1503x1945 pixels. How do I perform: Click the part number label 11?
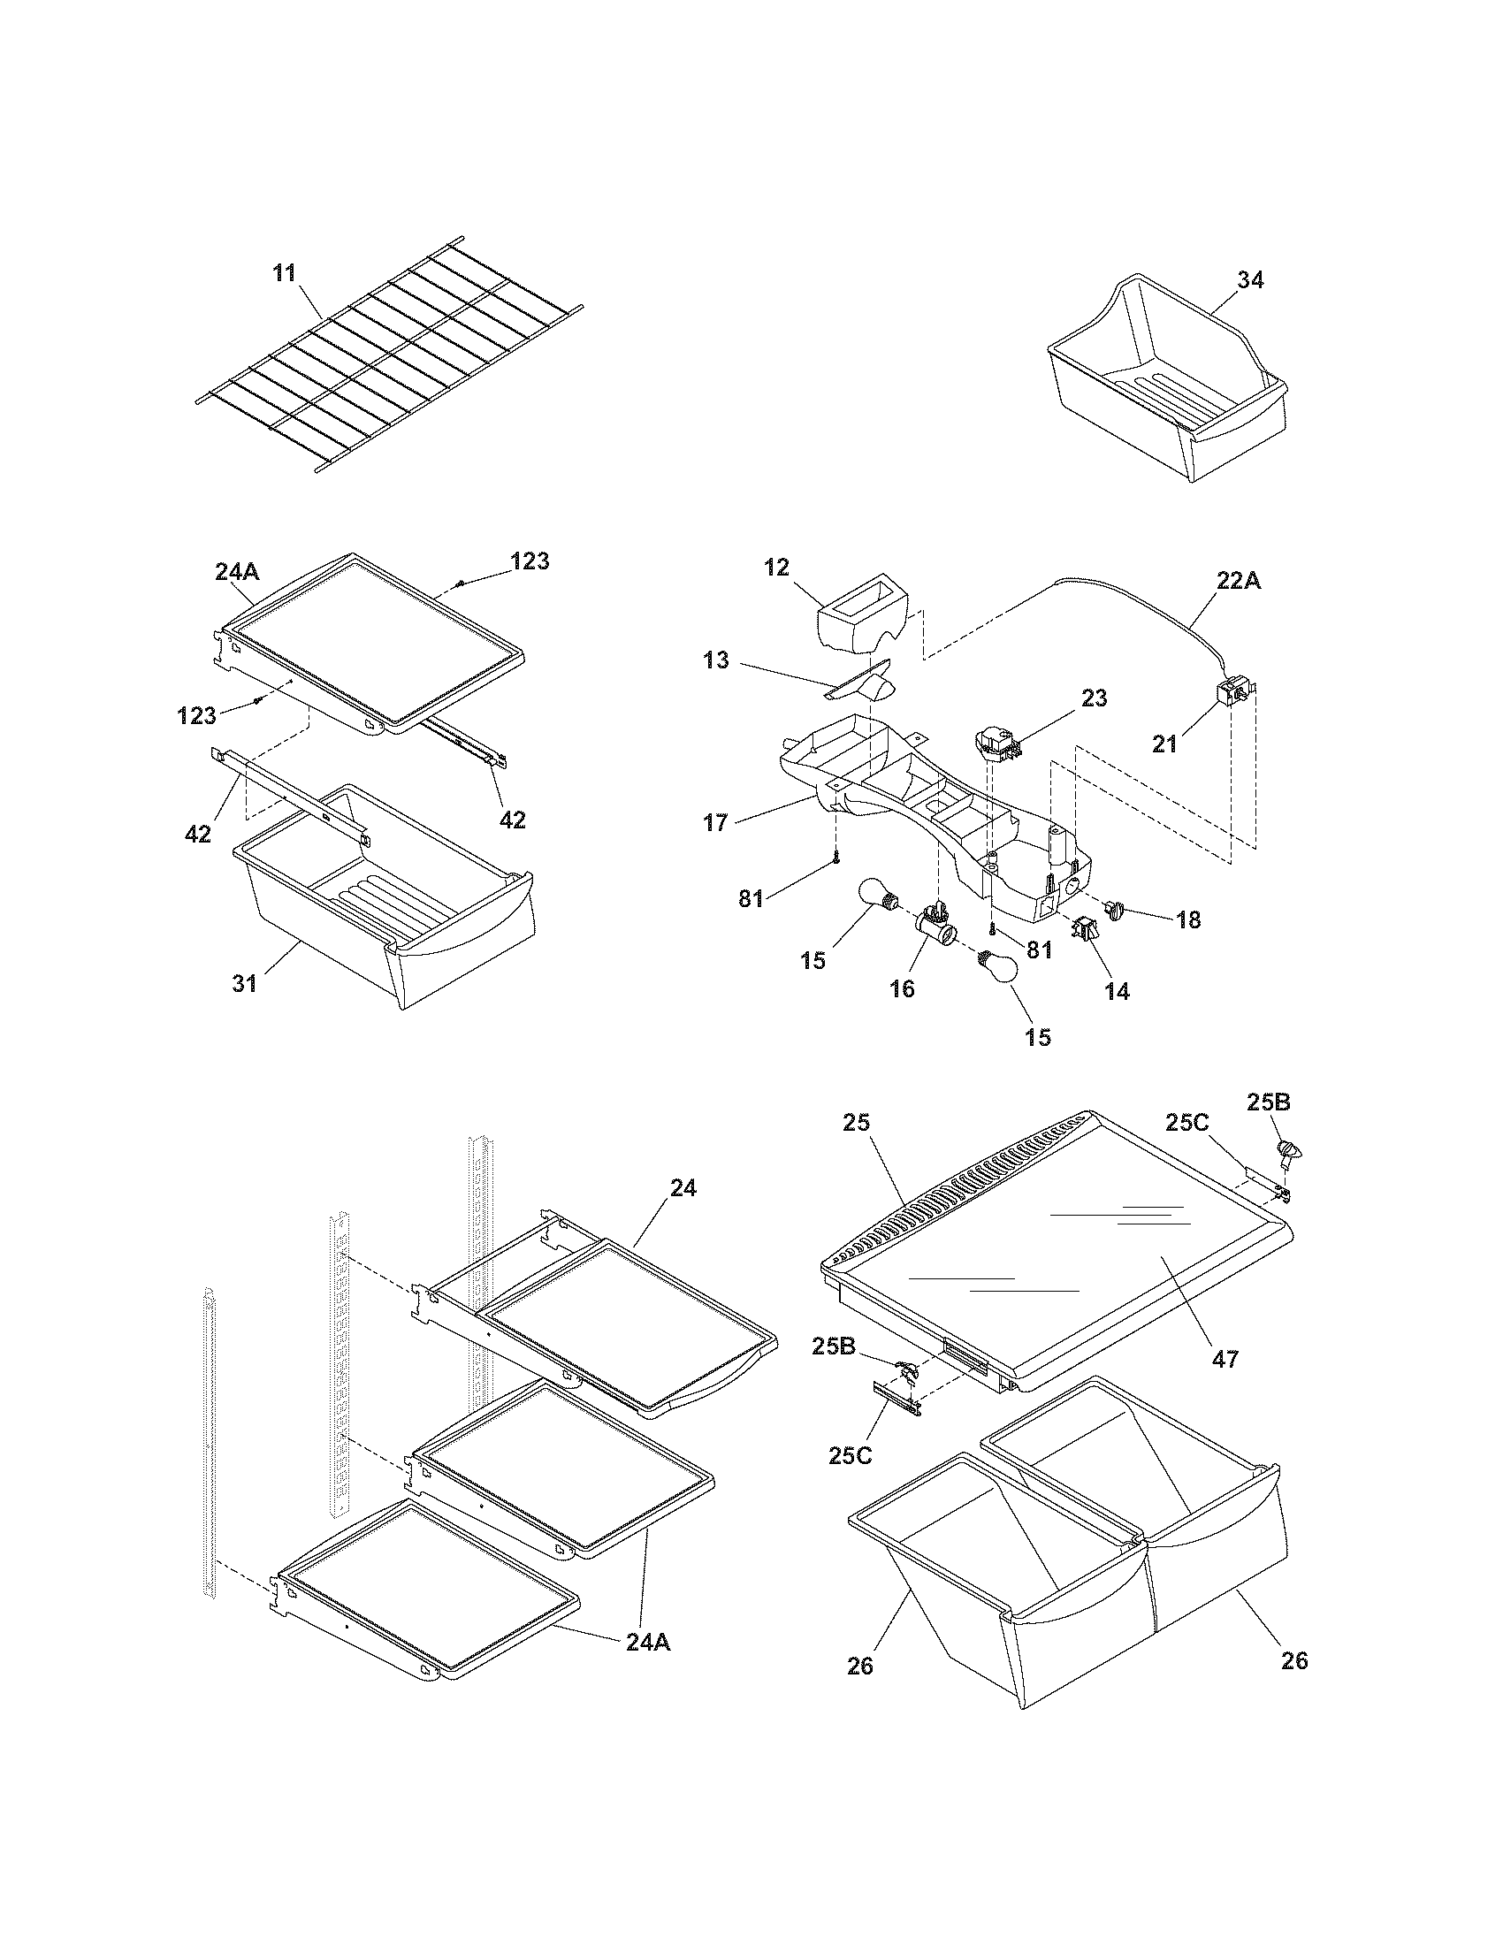pos(284,272)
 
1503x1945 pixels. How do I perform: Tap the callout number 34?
pos(1250,279)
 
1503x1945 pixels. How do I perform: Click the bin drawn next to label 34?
pos(1166,383)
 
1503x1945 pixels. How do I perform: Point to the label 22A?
pos(1239,581)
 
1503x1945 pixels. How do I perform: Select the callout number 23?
pos(1095,699)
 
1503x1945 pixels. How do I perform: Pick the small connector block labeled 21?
pos(1235,693)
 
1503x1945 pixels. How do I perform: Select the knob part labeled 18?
pos(1115,909)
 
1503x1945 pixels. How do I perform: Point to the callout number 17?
pos(716,822)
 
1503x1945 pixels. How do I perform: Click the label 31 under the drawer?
pos(245,983)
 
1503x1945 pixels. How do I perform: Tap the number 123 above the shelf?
pos(530,561)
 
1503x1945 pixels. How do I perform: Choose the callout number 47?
pos(1226,1359)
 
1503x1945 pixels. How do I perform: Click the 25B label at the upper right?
pos(1269,1102)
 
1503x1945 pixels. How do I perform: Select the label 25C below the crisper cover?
pos(851,1455)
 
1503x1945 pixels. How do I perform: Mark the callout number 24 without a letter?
pos(683,1188)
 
